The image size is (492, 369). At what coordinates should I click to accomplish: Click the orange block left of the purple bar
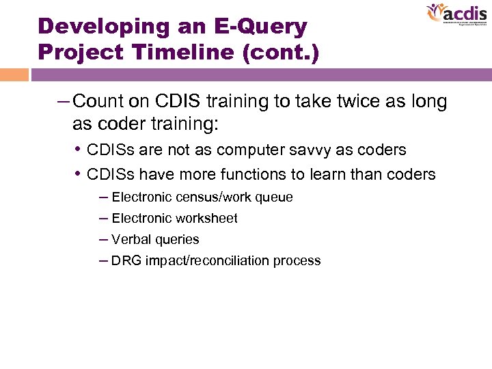pos(14,74)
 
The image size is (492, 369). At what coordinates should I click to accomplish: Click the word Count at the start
pos(95,102)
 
